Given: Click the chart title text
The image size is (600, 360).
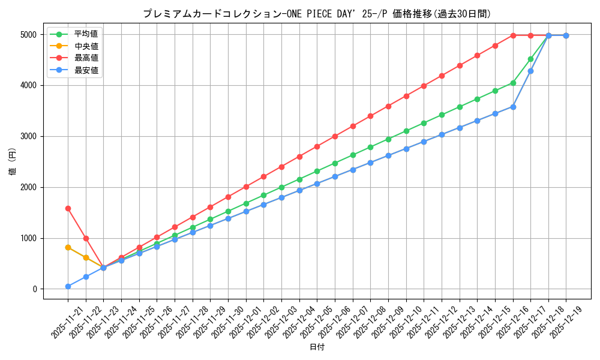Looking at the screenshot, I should (316, 14).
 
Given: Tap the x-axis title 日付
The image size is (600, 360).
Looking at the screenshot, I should (316, 348).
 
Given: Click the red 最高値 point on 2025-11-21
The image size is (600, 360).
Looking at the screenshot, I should (68, 208).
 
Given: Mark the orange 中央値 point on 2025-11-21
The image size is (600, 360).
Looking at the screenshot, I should (68, 247).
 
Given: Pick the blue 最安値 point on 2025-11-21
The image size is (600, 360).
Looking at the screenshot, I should (68, 286).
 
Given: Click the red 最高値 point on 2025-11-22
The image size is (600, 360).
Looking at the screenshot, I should (86, 238).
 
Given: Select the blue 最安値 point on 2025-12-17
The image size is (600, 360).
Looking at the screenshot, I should (530, 71).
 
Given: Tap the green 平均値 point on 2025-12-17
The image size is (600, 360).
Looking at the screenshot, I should (530, 59).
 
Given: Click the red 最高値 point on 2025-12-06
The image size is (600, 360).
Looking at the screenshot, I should (335, 136).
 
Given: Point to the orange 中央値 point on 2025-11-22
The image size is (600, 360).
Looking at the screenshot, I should (86, 257).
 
